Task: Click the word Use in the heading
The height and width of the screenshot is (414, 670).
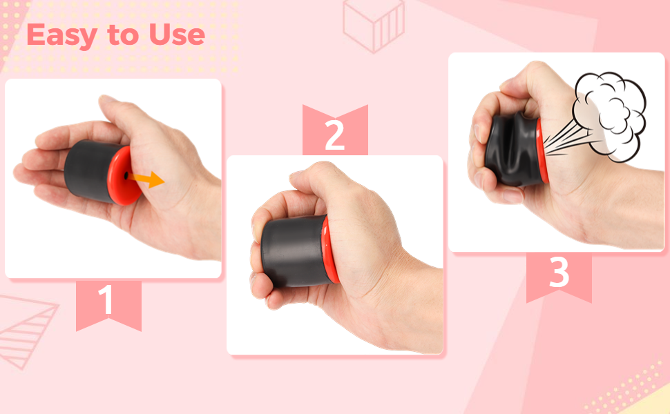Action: [177, 36]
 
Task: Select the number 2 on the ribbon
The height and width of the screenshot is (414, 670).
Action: [334, 136]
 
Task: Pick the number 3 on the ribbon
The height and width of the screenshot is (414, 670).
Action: [559, 274]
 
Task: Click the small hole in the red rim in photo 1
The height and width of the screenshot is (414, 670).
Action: [125, 177]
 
